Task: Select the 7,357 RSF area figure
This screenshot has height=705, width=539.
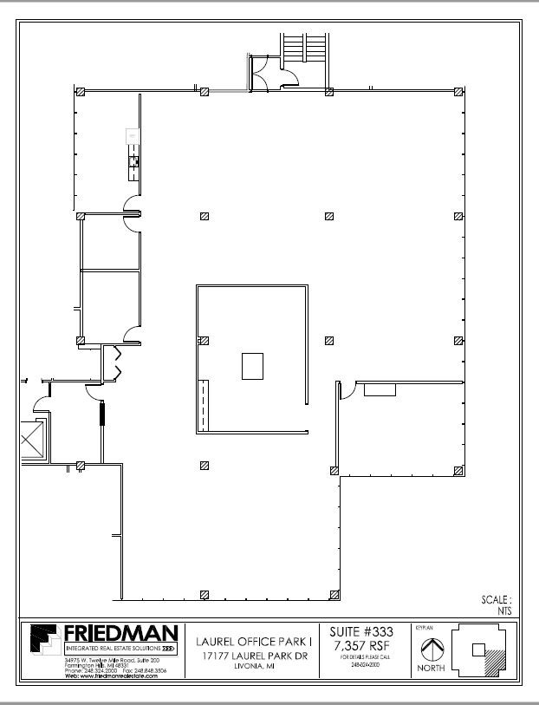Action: coord(362,646)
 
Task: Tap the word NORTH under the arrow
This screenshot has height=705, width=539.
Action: coord(431,669)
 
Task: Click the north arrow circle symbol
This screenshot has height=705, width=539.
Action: coord(432,648)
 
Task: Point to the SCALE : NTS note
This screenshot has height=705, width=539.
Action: coord(497,604)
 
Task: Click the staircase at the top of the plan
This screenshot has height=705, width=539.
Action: coord(302,45)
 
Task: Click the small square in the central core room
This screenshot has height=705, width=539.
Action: coord(252,365)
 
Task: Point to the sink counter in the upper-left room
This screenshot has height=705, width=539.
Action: coord(133,155)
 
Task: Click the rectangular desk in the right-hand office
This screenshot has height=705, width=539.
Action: coord(380,390)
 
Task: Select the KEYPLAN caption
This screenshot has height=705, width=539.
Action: coord(423,624)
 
